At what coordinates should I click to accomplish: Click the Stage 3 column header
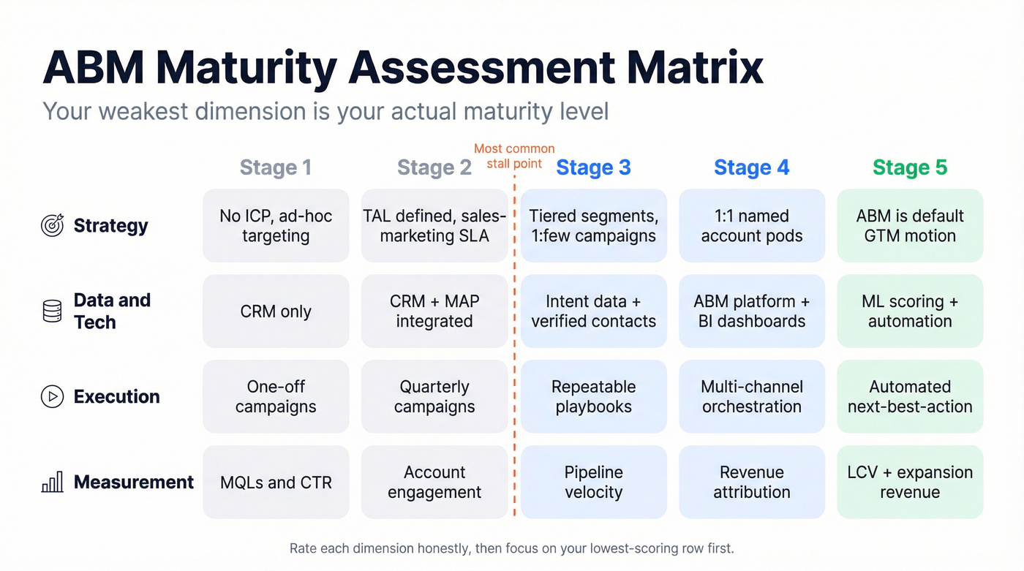pyautogui.click(x=593, y=167)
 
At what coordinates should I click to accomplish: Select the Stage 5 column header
pyautogui.click(x=910, y=167)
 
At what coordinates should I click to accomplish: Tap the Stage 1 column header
pyautogui.click(x=276, y=167)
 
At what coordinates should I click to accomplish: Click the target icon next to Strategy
pyautogui.click(x=53, y=225)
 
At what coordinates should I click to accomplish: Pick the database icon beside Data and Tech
pyautogui.click(x=53, y=311)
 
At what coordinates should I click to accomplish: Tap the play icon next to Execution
pyautogui.click(x=53, y=396)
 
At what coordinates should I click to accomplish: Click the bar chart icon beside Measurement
pyautogui.click(x=53, y=483)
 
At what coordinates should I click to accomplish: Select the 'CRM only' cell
pyautogui.click(x=276, y=311)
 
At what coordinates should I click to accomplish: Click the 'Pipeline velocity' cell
pyautogui.click(x=593, y=483)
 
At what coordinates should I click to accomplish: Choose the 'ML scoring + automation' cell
pyautogui.click(x=910, y=311)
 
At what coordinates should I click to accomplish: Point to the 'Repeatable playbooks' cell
pyautogui.click(x=593, y=396)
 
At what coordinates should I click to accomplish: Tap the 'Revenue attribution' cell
pyautogui.click(x=752, y=483)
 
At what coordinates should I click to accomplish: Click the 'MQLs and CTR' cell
pyautogui.click(x=276, y=483)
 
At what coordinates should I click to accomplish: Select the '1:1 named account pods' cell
pyautogui.click(x=752, y=225)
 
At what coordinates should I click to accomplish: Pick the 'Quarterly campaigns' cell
pyautogui.click(x=434, y=396)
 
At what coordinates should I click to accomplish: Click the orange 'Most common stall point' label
pyautogui.click(x=514, y=156)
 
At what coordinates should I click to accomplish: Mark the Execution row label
pyautogui.click(x=116, y=396)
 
